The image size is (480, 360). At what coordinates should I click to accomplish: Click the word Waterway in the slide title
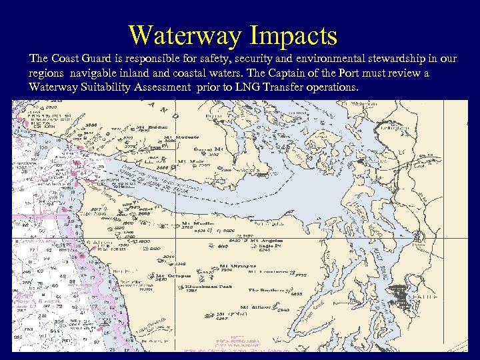[x=181, y=35]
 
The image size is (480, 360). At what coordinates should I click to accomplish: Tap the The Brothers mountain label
[x=266, y=290]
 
